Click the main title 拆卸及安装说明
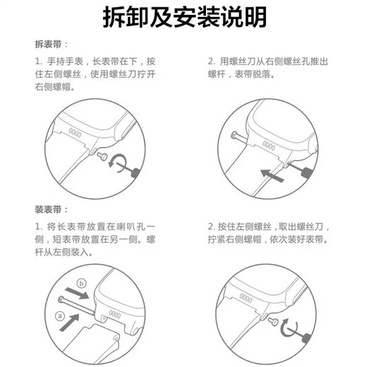click(183, 16)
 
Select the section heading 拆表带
click(47, 44)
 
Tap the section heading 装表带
click(47, 210)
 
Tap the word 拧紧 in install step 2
click(216, 239)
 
